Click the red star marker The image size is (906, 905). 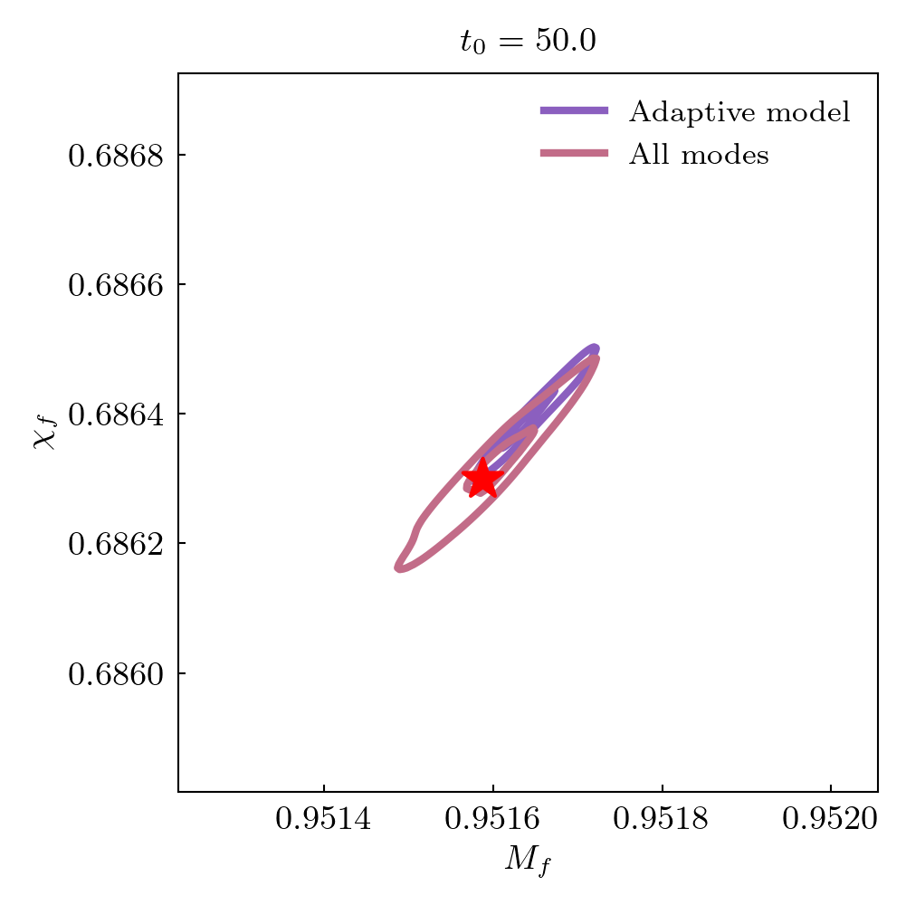pos(482,479)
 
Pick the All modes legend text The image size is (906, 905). pos(699,156)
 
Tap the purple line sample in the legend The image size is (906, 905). pos(574,111)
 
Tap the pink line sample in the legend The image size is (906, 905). pos(574,155)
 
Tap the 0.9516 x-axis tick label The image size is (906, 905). pos(493,820)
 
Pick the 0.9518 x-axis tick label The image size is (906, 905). pos(663,820)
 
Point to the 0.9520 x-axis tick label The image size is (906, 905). pos(832,820)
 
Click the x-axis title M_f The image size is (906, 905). pos(528,861)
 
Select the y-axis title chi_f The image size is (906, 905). pos(45,430)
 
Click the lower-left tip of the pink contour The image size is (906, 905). pos(398,567)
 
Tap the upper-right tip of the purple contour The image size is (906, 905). pos(595,348)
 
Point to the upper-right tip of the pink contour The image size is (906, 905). pos(596,359)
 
